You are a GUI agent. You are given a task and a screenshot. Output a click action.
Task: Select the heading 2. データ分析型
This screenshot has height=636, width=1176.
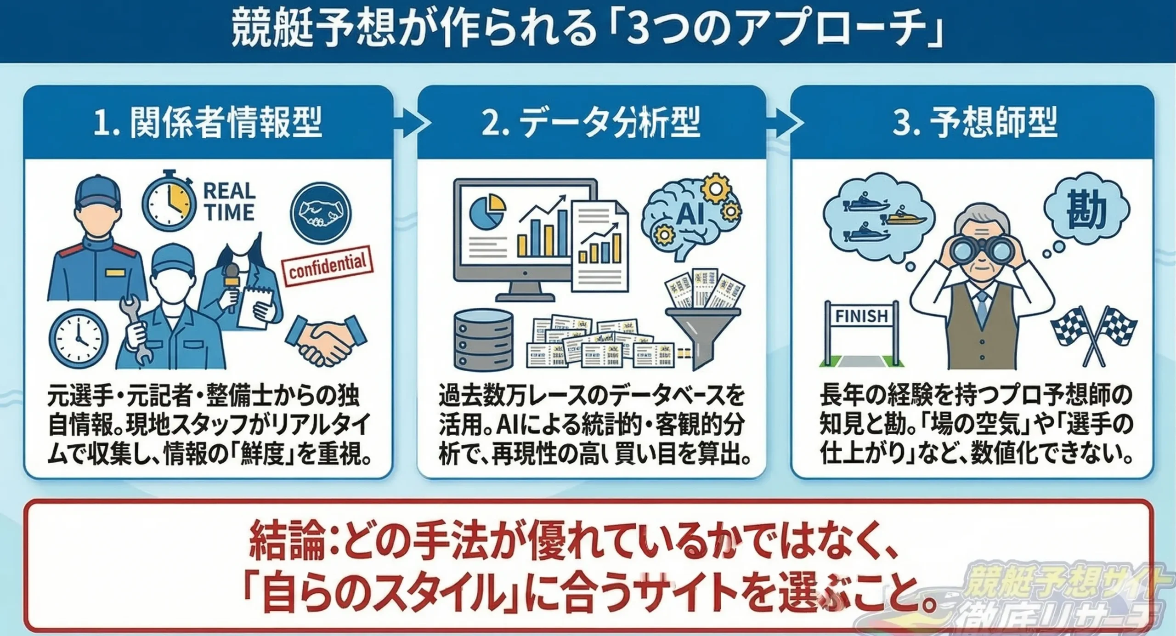pyautogui.click(x=591, y=123)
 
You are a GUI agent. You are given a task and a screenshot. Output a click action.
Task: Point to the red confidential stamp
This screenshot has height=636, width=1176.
pyautogui.click(x=328, y=265)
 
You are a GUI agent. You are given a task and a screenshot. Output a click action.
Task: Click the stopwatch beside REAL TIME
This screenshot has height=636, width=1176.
pyautogui.click(x=169, y=203)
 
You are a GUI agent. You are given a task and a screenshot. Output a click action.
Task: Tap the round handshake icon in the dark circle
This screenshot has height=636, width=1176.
pyautogui.click(x=321, y=213)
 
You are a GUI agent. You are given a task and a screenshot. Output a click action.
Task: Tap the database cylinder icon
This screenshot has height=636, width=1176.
pyautogui.click(x=483, y=340)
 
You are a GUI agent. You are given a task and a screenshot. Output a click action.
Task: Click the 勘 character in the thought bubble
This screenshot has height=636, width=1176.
pyautogui.click(x=1086, y=210)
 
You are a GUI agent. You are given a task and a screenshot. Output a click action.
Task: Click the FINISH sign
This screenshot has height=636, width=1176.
pyautogui.click(x=861, y=317)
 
